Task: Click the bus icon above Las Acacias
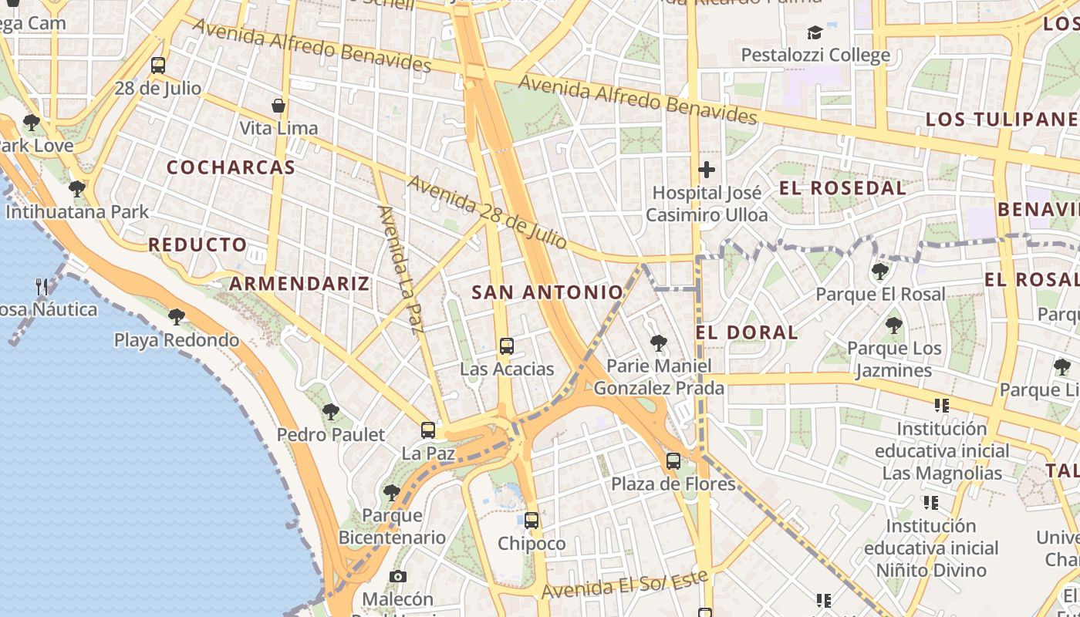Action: pos(506,346)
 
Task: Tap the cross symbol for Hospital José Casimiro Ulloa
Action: pos(706,170)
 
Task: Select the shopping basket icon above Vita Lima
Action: pos(278,105)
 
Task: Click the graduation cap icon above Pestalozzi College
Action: pos(815,32)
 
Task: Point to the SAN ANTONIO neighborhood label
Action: pos(547,292)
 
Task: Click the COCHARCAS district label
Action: pos(231,167)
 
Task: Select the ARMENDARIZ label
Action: pos(299,283)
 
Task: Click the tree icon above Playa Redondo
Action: pos(176,315)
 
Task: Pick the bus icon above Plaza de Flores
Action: pos(673,461)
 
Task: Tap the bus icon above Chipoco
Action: pos(531,521)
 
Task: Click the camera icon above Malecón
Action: pos(397,576)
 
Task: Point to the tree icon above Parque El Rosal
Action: pos(879,271)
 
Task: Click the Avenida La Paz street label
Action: pos(401,270)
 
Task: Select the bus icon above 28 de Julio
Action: pos(157,65)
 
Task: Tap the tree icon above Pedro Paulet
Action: pos(330,412)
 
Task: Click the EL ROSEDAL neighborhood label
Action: pos(842,188)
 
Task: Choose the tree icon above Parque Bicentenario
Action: pos(391,492)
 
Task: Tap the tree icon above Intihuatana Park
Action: pos(76,188)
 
